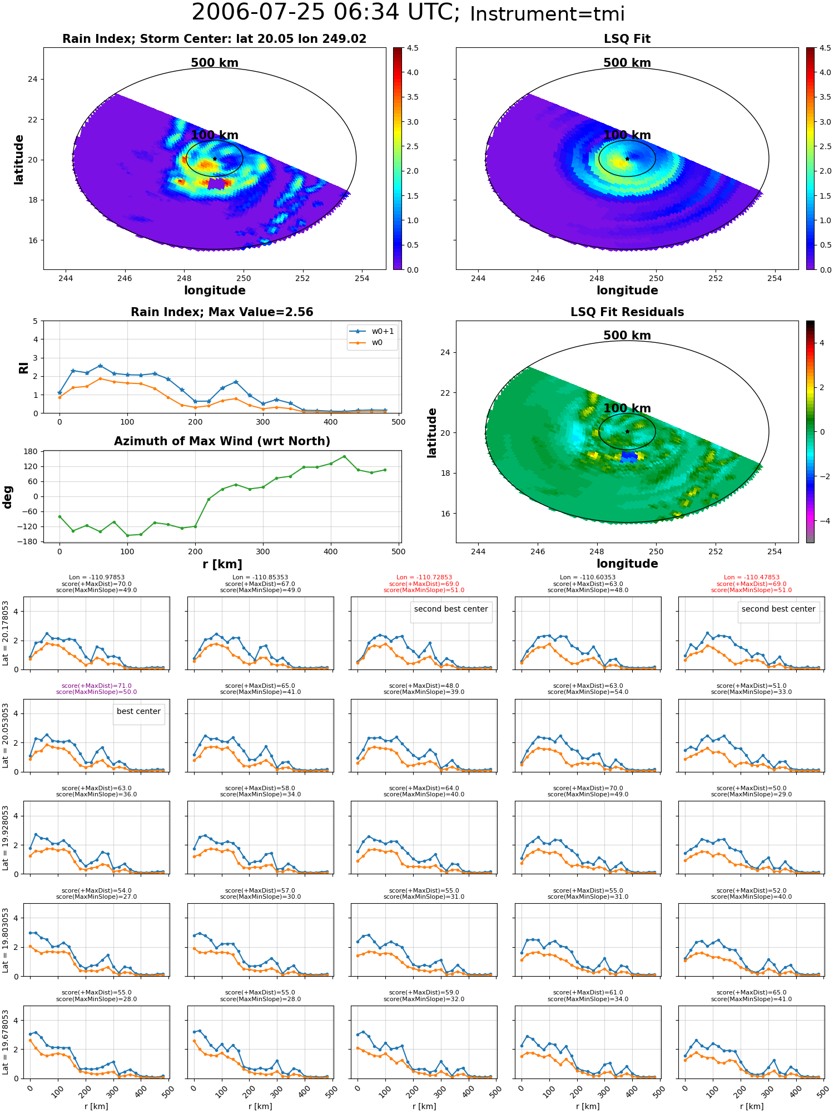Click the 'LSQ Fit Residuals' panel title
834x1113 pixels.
(x=627, y=312)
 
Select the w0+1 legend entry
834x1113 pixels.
(x=372, y=332)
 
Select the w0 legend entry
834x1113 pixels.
(x=367, y=343)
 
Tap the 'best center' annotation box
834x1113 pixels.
(x=138, y=711)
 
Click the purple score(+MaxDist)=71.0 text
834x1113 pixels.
(x=96, y=686)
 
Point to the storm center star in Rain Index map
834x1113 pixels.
(x=215, y=159)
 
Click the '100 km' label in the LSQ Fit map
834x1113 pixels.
(x=627, y=135)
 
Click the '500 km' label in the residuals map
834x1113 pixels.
(x=627, y=336)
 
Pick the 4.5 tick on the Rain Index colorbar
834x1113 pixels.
(x=413, y=48)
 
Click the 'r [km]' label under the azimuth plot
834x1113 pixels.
(x=222, y=564)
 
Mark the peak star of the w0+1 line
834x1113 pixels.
(x=100, y=366)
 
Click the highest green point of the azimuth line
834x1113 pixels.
(x=344, y=456)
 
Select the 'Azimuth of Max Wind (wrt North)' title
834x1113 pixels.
(x=222, y=441)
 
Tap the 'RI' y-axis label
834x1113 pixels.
(x=23, y=367)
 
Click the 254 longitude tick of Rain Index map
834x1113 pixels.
(x=362, y=278)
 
